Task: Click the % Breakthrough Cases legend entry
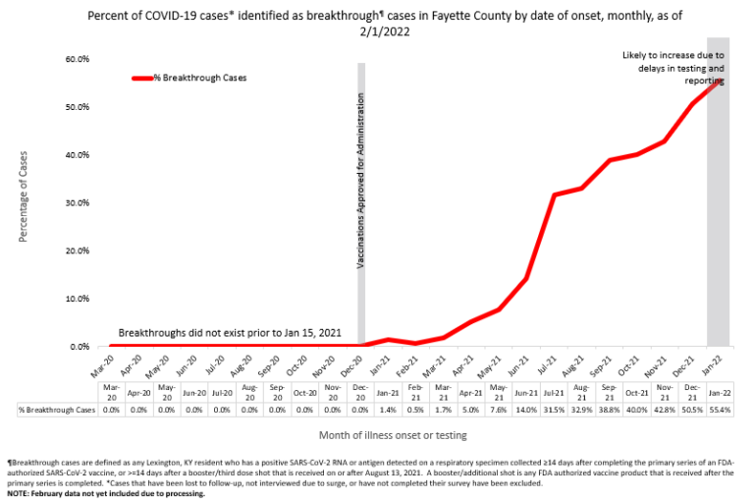pyautogui.click(x=196, y=78)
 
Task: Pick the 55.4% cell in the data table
pyautogui.click(x=720, y=410)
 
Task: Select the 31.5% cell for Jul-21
pyautogui.click(x=554, y=410)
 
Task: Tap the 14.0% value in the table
pyautogui.click(x=526, y=410)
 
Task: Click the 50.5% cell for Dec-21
pyautogui.click(x=692, y=410)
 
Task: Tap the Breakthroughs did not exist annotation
pyautogui.click(x=230, y=334)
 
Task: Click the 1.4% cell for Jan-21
pyautogui.click(x=388, y=410)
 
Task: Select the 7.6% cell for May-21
pyautogui.click(x=499, y=410)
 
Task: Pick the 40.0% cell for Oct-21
pyautogui.click(x=637, y=410)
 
